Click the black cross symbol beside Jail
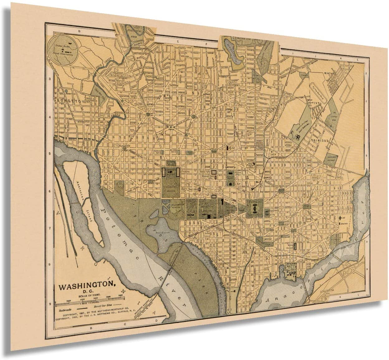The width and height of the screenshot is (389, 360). (x=340, y=219)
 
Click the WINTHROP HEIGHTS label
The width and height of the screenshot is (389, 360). (x=339, y=77)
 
